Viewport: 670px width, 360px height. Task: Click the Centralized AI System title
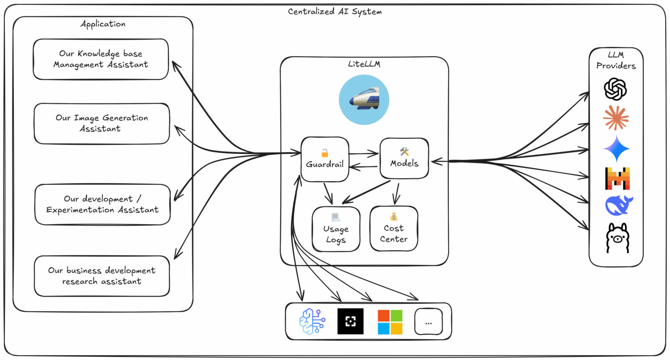click(335, 11)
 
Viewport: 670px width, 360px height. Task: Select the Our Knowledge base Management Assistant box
click(101, 59)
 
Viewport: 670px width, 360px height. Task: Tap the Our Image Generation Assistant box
click(102, 124)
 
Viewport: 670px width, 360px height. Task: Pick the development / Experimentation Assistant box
click(103, 204)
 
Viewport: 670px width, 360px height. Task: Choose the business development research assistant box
click(102, 276)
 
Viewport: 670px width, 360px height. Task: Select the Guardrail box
click(325, 159)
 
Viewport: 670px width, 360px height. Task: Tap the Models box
click(404, 158)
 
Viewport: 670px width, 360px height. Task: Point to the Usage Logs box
click(336, 229)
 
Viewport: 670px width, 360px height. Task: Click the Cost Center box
click(394, 228)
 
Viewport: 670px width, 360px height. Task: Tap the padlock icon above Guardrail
click(325, 153)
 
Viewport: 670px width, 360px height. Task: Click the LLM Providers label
click(616, 60)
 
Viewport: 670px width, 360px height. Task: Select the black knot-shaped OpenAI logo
click(616, 89)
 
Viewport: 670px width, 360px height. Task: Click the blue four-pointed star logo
click(616, 149)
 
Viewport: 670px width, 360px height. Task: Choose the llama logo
click(617, 238)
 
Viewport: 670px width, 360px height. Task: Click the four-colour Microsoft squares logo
click(390, 322)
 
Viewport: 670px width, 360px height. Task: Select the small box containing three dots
click(428, 322)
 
